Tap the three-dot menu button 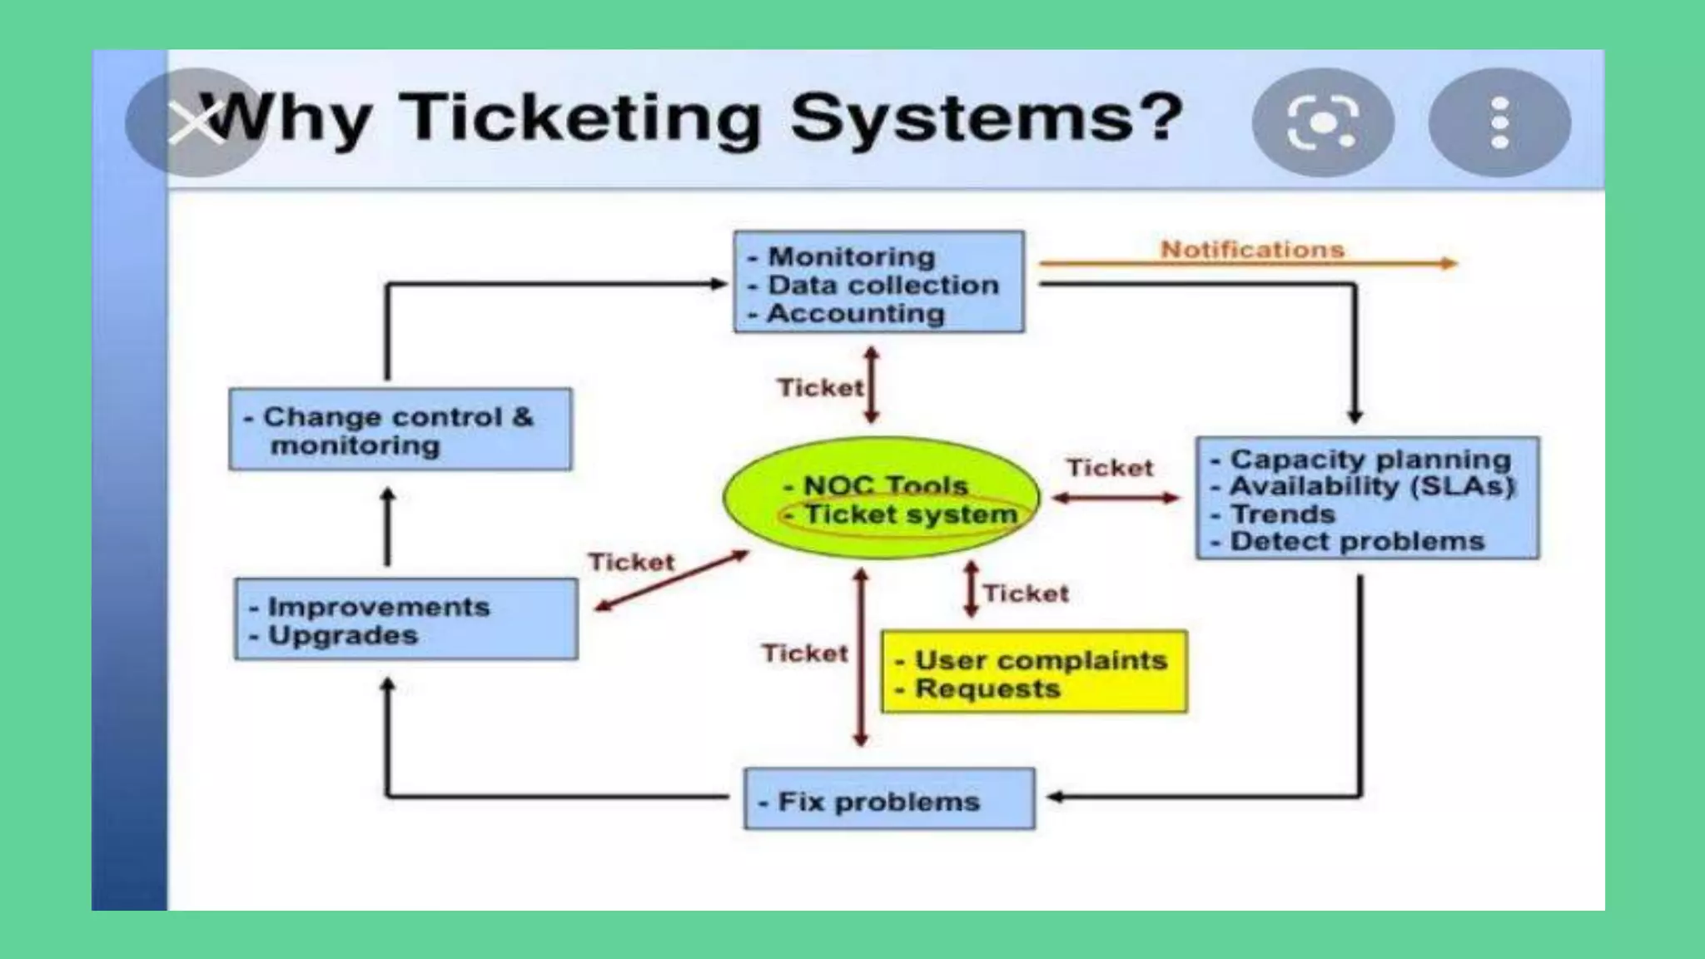click(1499, 122)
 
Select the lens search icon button click(1323, 122)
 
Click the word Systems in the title click(987, 118)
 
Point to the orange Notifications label click(1252, 249)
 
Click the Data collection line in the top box click(882, 285)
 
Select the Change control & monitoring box click(400, 430)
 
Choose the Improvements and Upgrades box click(406, 619)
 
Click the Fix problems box click(889, 799)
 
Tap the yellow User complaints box click(1034, 672)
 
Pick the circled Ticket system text click(910, 514)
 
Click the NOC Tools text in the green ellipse click(885, 484)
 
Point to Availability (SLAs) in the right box click(1371, 486)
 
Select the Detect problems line click(1357, 541)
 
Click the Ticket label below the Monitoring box click(820, 387)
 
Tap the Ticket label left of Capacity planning click(1110, 468)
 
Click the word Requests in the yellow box click(987, 688)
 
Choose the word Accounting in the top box click(856, 313)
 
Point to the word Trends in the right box click(1283, 514)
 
